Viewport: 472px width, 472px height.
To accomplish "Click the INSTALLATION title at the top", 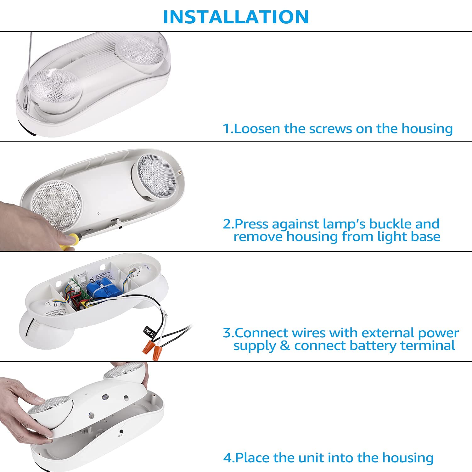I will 236,17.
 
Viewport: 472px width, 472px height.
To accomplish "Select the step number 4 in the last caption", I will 227,458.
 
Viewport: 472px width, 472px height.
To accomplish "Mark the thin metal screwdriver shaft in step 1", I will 28,69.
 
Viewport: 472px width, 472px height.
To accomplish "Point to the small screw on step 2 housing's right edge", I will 179,172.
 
